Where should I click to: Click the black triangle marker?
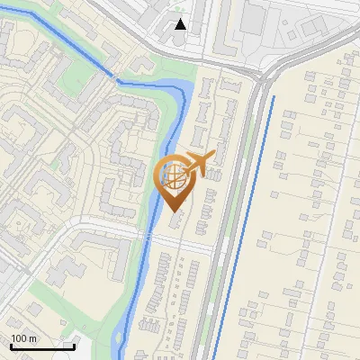tap(181, 24)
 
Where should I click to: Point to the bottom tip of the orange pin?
tap(174, 212)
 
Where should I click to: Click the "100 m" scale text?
tap(23, 338)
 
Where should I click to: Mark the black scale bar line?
tap(41, 346)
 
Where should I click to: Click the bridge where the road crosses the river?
tap(143, 236)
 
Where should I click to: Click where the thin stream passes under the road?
tap(115, 79)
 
